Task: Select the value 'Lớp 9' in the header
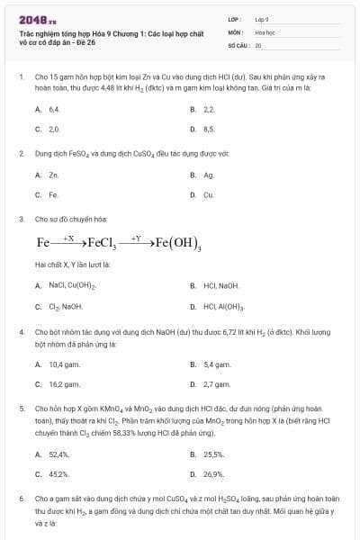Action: [x=262, y=19]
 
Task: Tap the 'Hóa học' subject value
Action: [x=264, y=31]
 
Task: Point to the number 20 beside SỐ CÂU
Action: [x=258, y=44]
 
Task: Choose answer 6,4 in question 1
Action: [x=53, y=108]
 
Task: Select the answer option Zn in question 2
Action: [x=53, y=175]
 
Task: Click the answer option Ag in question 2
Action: [x=209, y=175]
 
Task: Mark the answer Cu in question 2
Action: [x=209, y=194]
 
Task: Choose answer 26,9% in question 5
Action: [x=213, y=473]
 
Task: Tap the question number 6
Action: [x=22, y=498]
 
